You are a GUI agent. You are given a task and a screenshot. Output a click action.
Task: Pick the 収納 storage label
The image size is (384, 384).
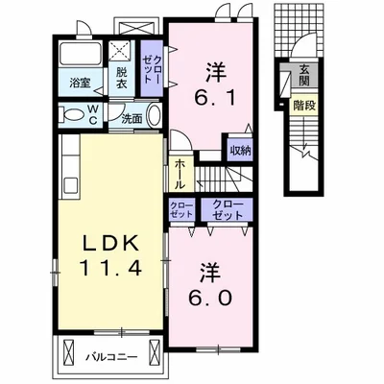coord(240,150)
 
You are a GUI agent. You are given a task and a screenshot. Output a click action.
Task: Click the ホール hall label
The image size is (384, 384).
coord(180,175)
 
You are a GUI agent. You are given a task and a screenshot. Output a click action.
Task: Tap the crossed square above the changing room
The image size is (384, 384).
coord(123,51)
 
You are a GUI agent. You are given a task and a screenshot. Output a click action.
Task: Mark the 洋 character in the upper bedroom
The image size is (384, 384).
coord(215,69)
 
